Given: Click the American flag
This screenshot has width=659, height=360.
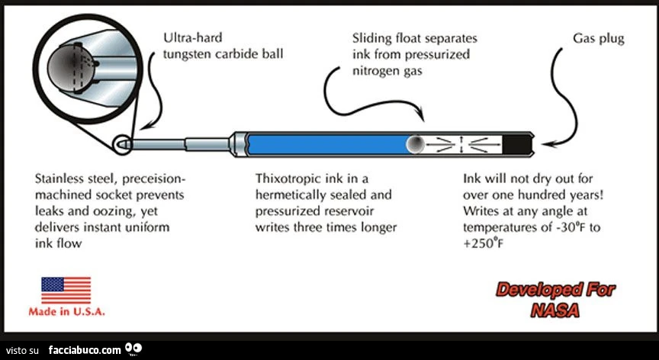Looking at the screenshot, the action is pos(66,290).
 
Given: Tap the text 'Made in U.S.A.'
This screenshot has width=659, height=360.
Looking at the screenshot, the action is pos(66,312).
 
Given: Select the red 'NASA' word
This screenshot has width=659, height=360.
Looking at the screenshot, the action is pos(555,310).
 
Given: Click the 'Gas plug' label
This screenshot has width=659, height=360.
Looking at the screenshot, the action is pos(599,39).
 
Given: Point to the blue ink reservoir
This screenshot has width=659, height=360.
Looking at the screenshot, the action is pos(329,144).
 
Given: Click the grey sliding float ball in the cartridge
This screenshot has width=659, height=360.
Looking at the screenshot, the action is pos(416,144).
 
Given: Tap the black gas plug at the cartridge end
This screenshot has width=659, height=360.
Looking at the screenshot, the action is pos(518,144).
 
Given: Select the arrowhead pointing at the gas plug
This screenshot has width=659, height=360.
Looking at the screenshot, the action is pos(548,144).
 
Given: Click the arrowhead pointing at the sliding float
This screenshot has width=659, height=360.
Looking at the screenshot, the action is pos(421,114).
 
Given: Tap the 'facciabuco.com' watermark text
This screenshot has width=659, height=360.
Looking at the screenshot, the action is pos(85,349).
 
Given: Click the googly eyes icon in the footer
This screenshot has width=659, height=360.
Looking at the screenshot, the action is pos(133,349).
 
